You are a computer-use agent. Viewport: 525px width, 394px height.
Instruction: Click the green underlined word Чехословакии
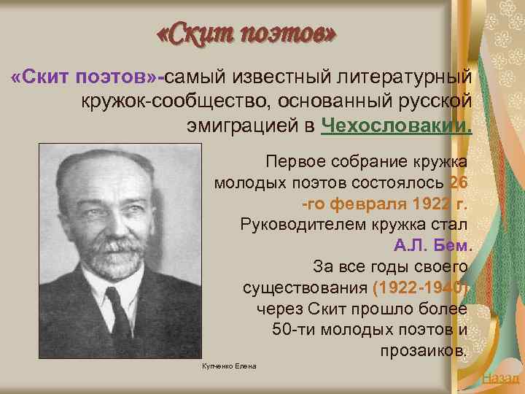pos(396,125)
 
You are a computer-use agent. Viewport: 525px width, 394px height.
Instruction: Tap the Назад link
pos(501,377)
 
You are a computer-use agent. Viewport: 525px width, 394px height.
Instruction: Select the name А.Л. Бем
pos(433,244)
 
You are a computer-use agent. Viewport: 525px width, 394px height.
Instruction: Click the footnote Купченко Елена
pos(228,366)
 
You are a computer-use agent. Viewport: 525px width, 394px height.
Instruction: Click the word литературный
pos(403,77)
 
